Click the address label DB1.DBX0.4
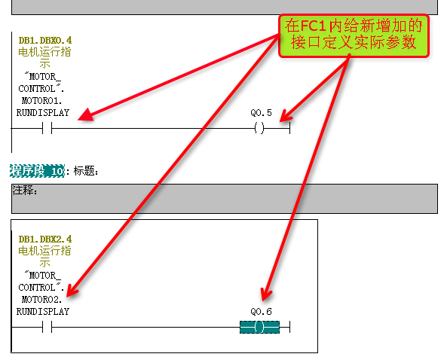(x=45, y=41)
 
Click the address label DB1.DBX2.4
(x=45, y=239)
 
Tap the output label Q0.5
(x=261, y=113)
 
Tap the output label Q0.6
(x=261, y=312)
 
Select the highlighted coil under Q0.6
(x=259, y=327)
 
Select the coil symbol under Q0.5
(x=259, y=128)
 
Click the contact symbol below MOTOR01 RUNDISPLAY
(x=47, y=128)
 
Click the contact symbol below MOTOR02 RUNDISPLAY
(x=47, y=327)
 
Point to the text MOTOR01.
(x=41, y=101)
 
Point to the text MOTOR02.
(x=41, y=300)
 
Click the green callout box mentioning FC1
(x=354, y=36)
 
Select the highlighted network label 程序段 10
(x=37, y=171)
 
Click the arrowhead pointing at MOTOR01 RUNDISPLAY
(x=85, y=115)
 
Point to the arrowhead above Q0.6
(x=265, y=294)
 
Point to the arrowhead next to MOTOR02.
(x=72, y=291)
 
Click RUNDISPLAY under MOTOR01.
(x=43, y=113)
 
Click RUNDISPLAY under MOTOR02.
(x=43, y=312)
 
